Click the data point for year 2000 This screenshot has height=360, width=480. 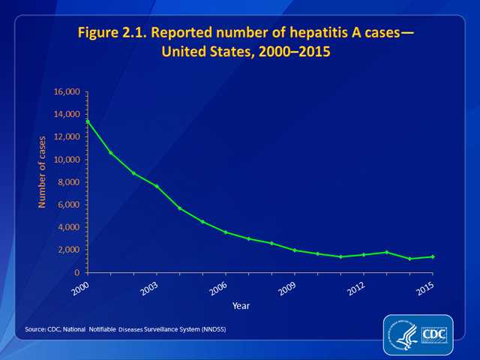tap(88, 121)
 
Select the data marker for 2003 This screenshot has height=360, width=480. tap(157, 186)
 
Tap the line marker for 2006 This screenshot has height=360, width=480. tap(226, 232)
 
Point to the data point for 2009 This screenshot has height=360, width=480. tap(295, 250)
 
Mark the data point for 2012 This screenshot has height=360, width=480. tap(364, 254)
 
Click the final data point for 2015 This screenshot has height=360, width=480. tap(433, 256)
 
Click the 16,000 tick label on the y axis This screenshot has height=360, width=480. tap(67, 92)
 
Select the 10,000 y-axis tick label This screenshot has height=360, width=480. tap(67, 160)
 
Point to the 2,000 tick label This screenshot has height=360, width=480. tap(70, 250)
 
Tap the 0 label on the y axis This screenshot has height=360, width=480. tap(78, 272)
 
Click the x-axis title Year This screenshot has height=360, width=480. tap(241, 305)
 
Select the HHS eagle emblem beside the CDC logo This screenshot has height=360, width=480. tap(402, 334)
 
